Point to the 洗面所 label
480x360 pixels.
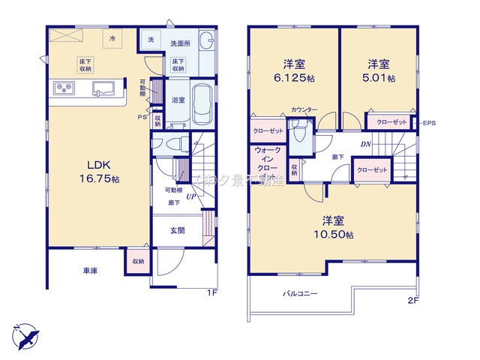(x=181, y=43)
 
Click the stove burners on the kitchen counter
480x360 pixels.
(x=63, y=89)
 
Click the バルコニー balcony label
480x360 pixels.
(x=299, y=293)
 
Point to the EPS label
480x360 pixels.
(x=429, y=123)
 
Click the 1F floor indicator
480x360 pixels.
(x=212, y=293)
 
